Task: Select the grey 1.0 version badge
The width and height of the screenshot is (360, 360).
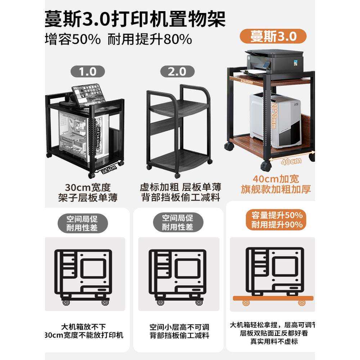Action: [x=88, y=71]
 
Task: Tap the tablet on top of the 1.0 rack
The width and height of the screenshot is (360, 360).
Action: [x=88, y=93]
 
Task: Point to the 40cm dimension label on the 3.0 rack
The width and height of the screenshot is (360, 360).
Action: [x=291, y=161]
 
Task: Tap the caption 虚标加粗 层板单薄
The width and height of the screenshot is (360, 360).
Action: [x=180, y=188]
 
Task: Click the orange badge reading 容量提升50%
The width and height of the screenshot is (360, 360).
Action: [x=276, y=216]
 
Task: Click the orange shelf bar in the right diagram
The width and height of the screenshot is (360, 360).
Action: [x=273, y=298]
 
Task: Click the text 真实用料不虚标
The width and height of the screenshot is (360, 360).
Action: [x=274, y=341]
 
